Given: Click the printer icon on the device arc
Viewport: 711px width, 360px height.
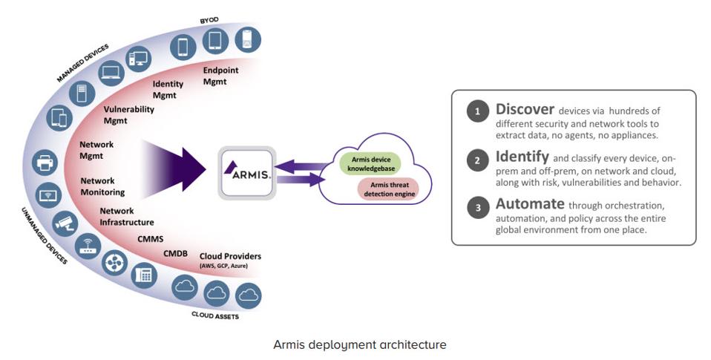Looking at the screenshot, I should coord(45,161).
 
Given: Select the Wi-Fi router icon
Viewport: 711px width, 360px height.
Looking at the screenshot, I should coord(87,246).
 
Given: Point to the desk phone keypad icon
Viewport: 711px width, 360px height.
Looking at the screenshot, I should coord(144,275).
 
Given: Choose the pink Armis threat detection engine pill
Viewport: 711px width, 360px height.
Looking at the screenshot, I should coord(386,189).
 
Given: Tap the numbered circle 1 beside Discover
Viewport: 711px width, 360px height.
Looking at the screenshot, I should coord(478,111).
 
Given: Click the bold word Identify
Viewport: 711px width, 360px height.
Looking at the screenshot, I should coord(522,157).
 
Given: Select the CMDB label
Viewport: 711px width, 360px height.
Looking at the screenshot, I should coord(176,254).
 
